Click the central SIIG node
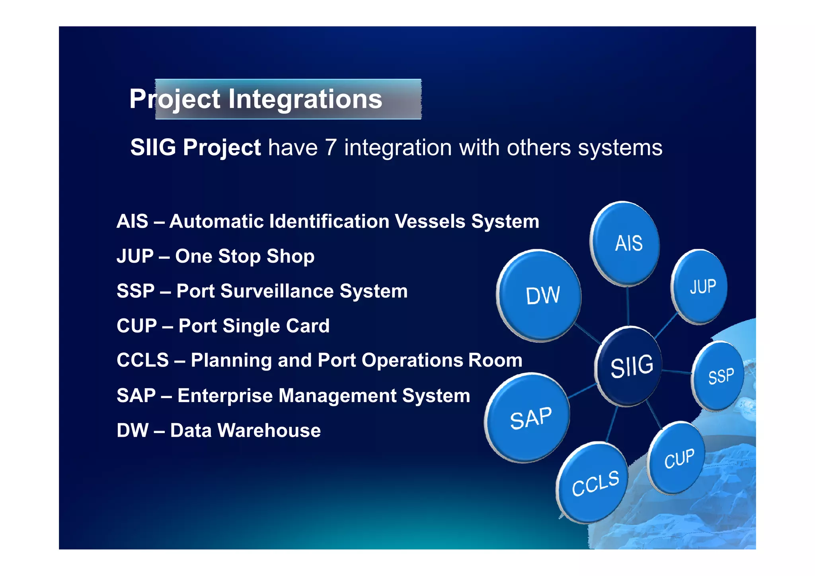(630, 366)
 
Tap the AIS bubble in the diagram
(625, 243)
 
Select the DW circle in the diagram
(540, 295)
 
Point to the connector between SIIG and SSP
(677, 372)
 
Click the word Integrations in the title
(305, 99)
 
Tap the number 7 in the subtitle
(331, 148)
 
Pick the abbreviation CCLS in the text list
(142, 360)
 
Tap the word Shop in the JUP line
(290, 256)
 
